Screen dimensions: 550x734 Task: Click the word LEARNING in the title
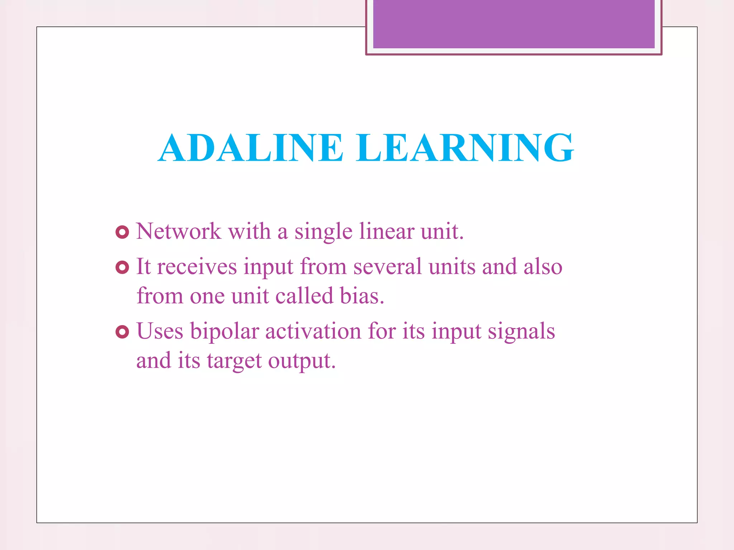click(465, 148)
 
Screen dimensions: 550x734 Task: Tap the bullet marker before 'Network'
click(122, 232)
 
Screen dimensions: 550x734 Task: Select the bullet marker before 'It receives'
click(122, 267)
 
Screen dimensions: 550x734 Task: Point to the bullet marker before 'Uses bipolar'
click(122, 332)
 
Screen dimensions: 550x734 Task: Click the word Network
click(178, 231)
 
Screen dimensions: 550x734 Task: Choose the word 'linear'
click(386, 231)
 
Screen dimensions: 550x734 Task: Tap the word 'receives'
click(197, 267)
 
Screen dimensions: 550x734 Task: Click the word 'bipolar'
click(224, 332)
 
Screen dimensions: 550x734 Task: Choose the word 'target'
click(234, 361)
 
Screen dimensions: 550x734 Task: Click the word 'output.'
click(302, 361)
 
